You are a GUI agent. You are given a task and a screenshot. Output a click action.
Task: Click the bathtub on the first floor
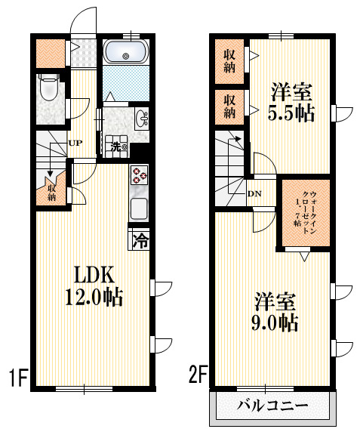coord(126,52)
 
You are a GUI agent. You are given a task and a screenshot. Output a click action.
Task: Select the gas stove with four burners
coord(140,177)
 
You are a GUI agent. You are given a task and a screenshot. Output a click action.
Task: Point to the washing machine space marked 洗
coord(117,147)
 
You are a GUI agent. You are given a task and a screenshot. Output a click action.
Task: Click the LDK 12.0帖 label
coord(94,285)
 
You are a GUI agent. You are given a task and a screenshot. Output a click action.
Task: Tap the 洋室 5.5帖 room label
coord(292,103)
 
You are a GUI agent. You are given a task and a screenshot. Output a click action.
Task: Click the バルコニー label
coord(272,406)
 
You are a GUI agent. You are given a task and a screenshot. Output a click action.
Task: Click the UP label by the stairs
coord(75,143)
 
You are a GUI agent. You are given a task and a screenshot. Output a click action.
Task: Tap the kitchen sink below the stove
coord(140,206)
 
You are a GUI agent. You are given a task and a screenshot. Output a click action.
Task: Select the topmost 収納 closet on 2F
coord(229,60)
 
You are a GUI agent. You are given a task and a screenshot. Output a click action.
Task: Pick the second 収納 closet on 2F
coord(229,106)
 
